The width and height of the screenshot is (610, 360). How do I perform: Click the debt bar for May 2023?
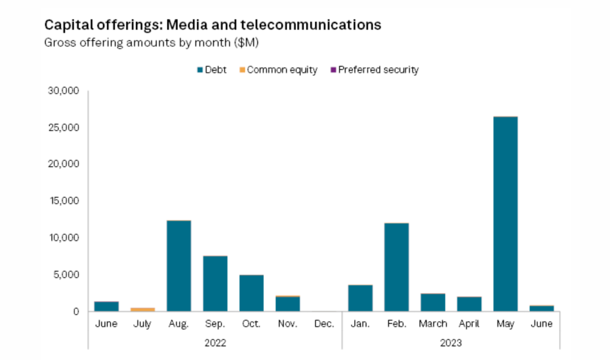point(505,214)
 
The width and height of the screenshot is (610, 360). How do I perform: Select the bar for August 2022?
point(179,266)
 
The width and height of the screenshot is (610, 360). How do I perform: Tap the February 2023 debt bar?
point(396,267)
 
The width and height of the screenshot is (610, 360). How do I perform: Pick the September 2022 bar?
point(215,284)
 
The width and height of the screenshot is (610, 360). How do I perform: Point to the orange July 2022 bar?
point(142,310)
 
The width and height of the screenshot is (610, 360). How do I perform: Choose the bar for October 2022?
point(251,293)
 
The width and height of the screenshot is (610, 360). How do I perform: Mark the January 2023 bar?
point(360,298)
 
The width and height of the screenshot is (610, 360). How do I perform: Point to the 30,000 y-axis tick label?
point(64,91)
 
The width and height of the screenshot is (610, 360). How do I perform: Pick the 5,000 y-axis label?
point(66,274)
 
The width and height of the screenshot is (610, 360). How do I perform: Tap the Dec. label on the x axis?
point(324,324)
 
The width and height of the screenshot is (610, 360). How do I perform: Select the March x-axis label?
point(433,324)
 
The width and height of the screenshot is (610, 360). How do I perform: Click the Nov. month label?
point(288,324)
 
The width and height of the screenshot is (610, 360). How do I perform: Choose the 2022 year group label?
point(215,343)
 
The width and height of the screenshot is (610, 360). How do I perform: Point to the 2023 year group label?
point(451,343)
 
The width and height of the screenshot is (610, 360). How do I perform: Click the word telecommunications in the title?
point(311,25)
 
